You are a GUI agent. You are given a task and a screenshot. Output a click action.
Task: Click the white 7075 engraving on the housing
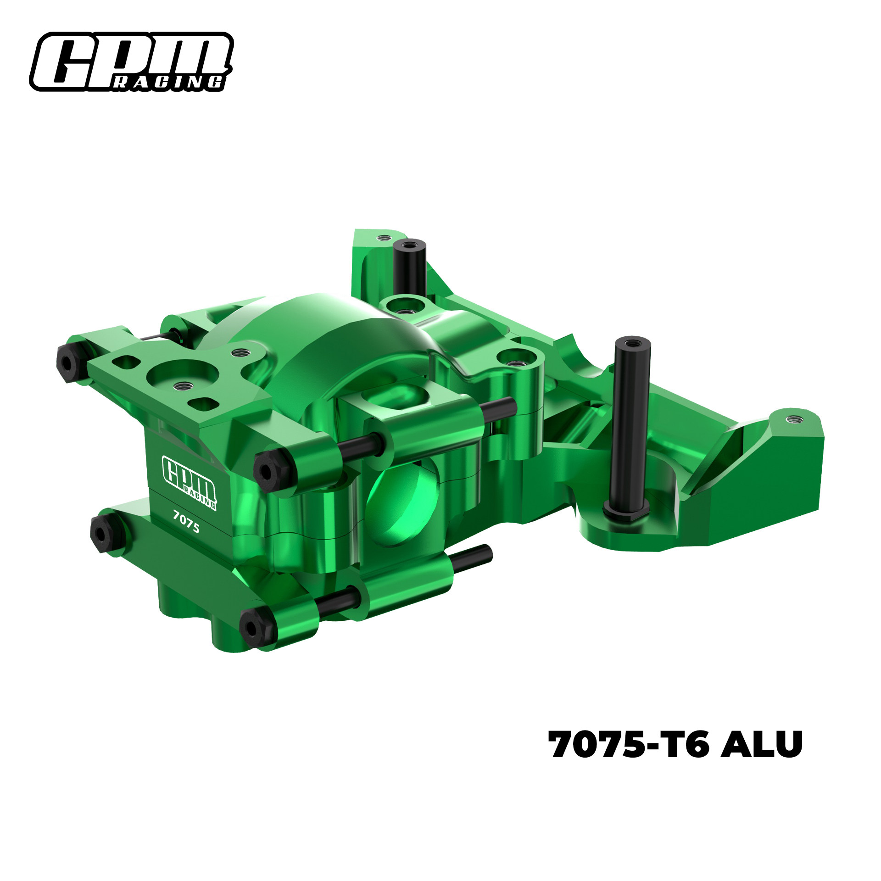(186, 522)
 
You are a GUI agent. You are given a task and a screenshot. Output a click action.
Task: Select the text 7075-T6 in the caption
(629, 744)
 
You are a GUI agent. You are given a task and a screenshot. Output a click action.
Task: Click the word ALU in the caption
(761, 744)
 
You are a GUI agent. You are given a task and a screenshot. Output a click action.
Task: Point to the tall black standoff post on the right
(631, 422)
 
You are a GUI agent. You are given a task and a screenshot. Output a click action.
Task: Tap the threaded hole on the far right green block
(792, 419)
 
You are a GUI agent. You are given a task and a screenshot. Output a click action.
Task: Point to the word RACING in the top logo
(168, 83)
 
